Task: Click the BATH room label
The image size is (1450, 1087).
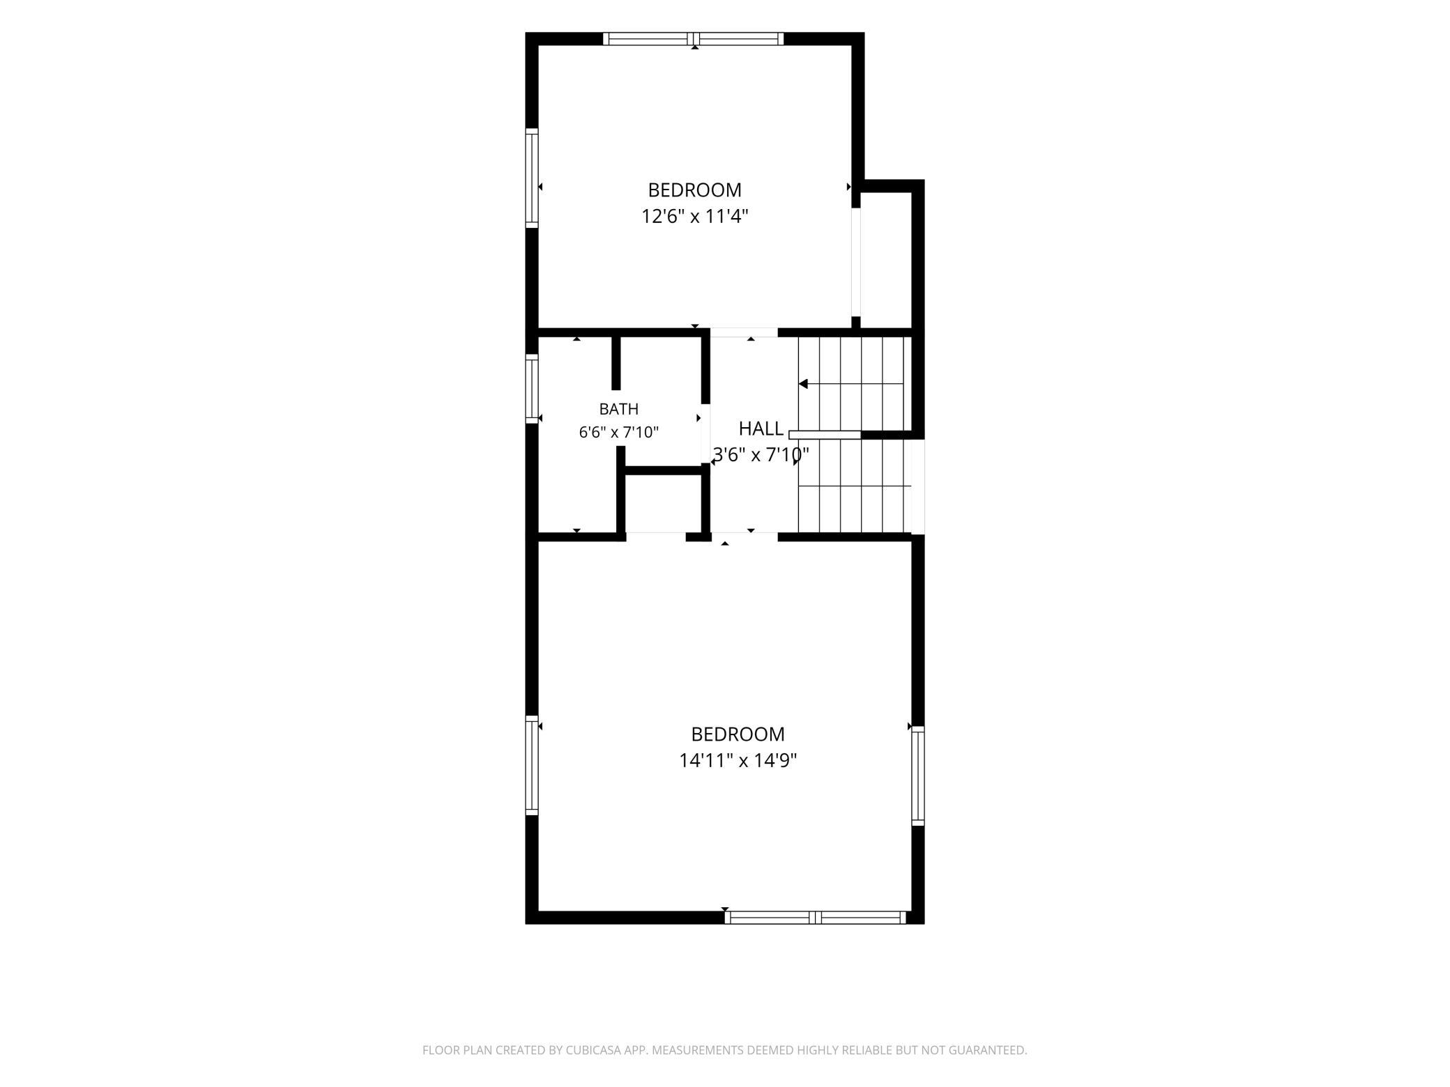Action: click(618, 409)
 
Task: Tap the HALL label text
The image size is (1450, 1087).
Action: click(761, 429)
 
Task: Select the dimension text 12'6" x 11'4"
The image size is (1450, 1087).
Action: click(695, 217)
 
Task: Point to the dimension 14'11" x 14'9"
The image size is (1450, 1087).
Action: click(738, 760)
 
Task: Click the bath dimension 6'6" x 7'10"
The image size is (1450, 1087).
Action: click(618, 433)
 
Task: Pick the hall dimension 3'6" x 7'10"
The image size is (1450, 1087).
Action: click(761, 455)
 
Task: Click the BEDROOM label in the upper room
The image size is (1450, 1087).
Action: click(694, 190)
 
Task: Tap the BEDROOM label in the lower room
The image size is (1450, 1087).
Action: click(738, 734)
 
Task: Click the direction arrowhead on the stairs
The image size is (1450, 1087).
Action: click(803, 384)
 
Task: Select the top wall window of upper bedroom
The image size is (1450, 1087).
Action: click(694, 39)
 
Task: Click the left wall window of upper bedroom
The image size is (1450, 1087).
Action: click(532, 178)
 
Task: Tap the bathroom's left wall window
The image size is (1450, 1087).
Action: click(532, 389)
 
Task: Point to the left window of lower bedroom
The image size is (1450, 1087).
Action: click(532, 765)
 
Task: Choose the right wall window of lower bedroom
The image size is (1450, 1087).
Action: click(918, 776)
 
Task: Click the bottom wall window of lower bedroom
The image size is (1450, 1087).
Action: click(815, 918)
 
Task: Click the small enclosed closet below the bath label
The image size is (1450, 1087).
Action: click(663, 503)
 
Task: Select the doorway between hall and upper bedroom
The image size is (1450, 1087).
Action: click(744, 332)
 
